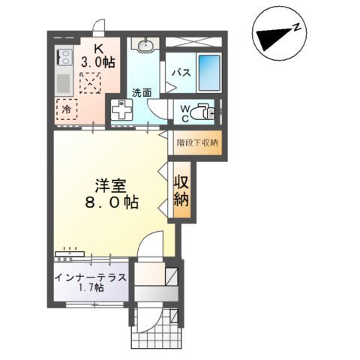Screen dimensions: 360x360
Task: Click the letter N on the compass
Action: pyautogui.click(x=298, y=28)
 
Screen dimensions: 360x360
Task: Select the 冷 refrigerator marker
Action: pyautogui.click(x=66, y=108)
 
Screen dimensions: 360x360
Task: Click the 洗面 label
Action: pyautogui.click(x=142, y=93)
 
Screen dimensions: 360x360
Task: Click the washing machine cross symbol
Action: pyautogui.click(x=121, y=110)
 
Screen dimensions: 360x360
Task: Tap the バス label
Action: pyautogui.click(x=181, y=73)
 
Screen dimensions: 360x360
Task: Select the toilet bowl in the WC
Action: pyautogui.click(x=202, y=112)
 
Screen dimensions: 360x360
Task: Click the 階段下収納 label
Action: pyautogui.click(x=196, y=142)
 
